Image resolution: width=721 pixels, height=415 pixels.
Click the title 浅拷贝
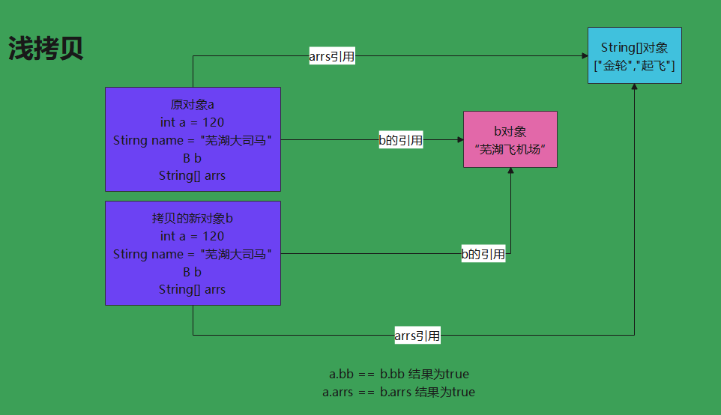(46, 49)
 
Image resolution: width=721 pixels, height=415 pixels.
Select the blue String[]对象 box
(634, 55)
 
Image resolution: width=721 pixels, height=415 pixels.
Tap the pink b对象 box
(510, 139)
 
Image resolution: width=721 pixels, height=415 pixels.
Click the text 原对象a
(192, 104)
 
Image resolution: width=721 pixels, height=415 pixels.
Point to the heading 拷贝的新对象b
(192, 218)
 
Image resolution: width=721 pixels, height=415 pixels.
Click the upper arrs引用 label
(332, 57)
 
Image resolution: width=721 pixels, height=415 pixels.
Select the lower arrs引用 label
(417, 336)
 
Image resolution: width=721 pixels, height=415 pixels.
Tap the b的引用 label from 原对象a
(400, 140)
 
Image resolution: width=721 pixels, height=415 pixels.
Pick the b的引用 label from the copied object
(483, 254)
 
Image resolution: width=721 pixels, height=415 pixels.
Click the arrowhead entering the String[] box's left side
(584, 56)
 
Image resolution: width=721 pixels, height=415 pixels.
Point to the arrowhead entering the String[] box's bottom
(635, 88)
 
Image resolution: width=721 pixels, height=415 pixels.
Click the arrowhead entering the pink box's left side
(459, 139)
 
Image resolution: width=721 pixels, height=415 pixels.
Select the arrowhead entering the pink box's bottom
(510, 172)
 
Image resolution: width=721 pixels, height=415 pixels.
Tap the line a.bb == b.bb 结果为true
(399, 374)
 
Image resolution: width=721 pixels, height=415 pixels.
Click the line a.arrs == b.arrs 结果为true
(399, 392)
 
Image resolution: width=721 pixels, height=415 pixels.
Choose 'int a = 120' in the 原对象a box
(192, 122)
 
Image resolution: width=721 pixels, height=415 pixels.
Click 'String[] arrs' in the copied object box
(192, 289)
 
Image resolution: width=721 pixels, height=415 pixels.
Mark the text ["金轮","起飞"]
(634, 66)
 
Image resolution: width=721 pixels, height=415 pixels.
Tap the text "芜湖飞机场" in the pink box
(510, 149)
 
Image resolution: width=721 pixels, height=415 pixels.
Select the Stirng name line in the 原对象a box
(192, 140)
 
